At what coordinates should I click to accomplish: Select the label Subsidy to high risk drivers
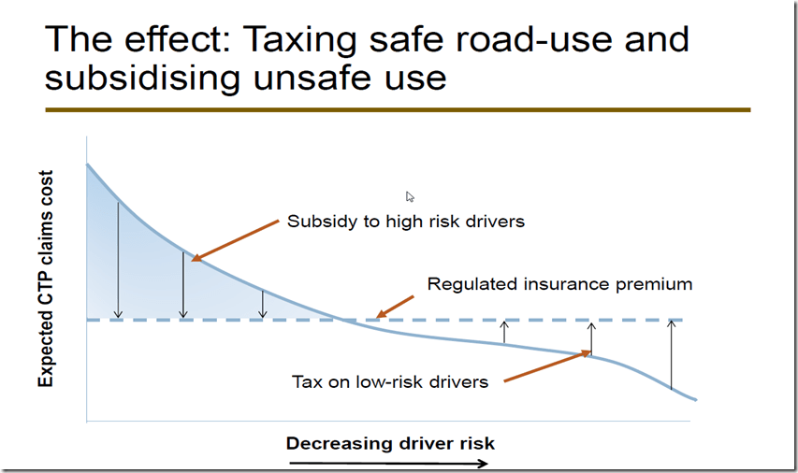coord(406,222)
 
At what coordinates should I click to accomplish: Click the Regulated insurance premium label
coord(559,283)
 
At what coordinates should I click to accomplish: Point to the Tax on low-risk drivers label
coord(390,381)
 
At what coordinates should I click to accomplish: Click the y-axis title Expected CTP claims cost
coord(45,279)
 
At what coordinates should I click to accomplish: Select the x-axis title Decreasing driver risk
coord(390,443)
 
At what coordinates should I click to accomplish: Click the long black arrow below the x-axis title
coord(389,463)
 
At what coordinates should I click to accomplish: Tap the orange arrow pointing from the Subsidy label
coord(236,239)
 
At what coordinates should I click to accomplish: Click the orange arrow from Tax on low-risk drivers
coord(548,366)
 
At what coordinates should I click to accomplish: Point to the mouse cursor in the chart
coord(410,197)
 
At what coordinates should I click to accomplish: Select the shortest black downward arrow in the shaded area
coord(263,303)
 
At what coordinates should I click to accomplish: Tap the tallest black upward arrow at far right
coord(671,354)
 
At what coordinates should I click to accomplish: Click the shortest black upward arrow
coord(505,331)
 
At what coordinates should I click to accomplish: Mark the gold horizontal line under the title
coord(398,109)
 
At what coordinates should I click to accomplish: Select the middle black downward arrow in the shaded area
coord(183,285)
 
